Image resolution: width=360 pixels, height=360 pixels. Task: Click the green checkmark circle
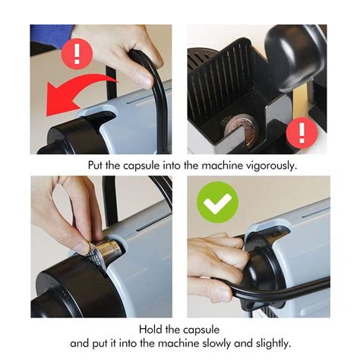coord(217,202)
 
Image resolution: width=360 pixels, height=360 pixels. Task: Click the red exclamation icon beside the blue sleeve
coord(77,54)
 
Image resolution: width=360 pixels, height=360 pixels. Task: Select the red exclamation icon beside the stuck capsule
coord(302,133)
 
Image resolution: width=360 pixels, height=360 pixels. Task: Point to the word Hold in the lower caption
coord(150,330)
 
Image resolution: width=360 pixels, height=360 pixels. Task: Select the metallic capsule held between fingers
coord(104,253)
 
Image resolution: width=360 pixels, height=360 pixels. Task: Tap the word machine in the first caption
coord(223,166)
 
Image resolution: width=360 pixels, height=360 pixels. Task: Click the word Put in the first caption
coord(95,166)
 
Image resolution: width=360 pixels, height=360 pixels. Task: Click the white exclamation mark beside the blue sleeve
coord(77,54)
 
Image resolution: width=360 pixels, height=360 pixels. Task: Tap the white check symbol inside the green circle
coord(217,203)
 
